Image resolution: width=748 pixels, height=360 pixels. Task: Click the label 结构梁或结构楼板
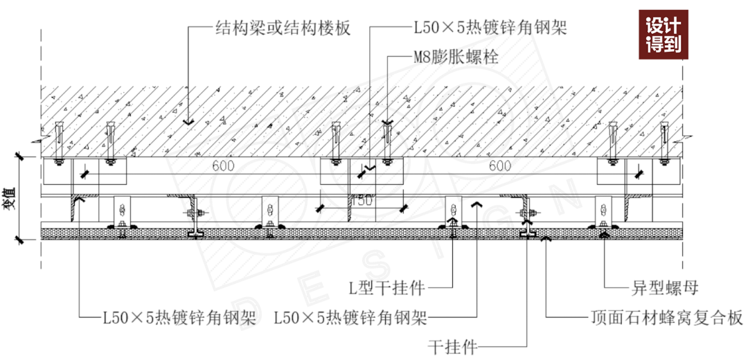tap(283, 28)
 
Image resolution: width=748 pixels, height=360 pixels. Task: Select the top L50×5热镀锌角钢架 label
tap(490, 28)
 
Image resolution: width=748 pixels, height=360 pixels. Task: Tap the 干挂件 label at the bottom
tap(452, 346)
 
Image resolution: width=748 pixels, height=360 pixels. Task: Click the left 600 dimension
tap(223, 166)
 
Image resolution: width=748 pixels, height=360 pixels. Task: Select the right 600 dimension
tap(500, 166)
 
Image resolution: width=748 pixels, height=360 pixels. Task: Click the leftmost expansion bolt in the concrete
tap(60, 142)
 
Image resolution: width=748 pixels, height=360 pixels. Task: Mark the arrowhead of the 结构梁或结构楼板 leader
tap(186, 122)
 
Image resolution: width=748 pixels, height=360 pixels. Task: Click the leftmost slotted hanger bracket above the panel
tap(123, 211)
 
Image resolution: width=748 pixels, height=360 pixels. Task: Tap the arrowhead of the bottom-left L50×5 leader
tap(80, 201)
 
